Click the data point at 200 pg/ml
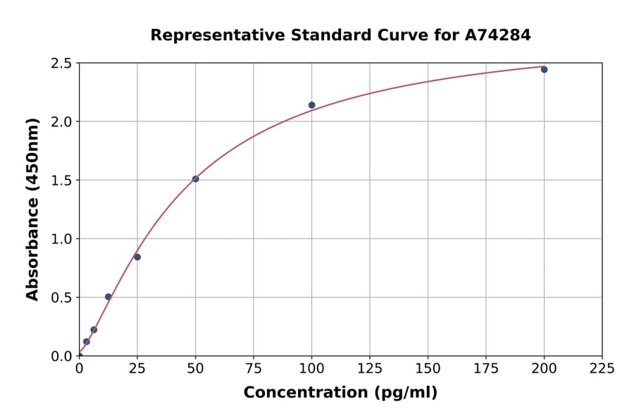click(544, 69)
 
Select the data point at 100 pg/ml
click(311, 105)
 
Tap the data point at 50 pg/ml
click(195, 179)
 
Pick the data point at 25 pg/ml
click(137, 257)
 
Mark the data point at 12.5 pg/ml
click(108, 297)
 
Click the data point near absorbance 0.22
click(94, 329)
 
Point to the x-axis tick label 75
click(254, 368)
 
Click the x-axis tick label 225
click(602, 368)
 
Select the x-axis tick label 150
click(428, 368)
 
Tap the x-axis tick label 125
click(370, 368)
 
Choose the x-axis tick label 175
click(486, 368)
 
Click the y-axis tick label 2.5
click(61, 63)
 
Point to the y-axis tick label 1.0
click(61, 239)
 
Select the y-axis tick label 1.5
click(61, 181)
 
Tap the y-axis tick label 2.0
click(61, 122)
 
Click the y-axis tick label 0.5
click(61, 298)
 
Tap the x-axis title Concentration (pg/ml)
click(340, 393)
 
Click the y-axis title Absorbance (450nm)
click(32, 209)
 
